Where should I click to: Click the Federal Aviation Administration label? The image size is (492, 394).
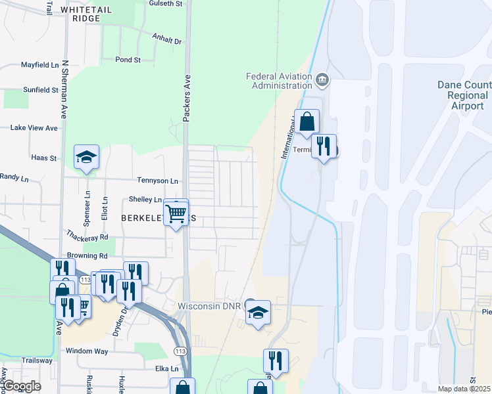click(x=280, y=81)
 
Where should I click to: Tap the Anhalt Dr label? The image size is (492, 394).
click(x=166, y=41)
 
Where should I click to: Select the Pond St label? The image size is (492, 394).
click(x=128, y=60)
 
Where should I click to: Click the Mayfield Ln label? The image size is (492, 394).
click(x=39, y=65)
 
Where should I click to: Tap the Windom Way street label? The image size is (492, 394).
click(x=87, y=351)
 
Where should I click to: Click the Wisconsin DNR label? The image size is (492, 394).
click(x=210, y=307)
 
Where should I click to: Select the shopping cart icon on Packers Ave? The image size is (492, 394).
click(x=176, y=213)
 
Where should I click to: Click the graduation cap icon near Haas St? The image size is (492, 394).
click(x=86, y=158)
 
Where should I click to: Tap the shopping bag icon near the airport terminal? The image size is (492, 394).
click(x=307, y=122)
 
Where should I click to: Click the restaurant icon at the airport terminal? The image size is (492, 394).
click(x=323, y=146)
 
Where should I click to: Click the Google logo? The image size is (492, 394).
click(x=21, y=386)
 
